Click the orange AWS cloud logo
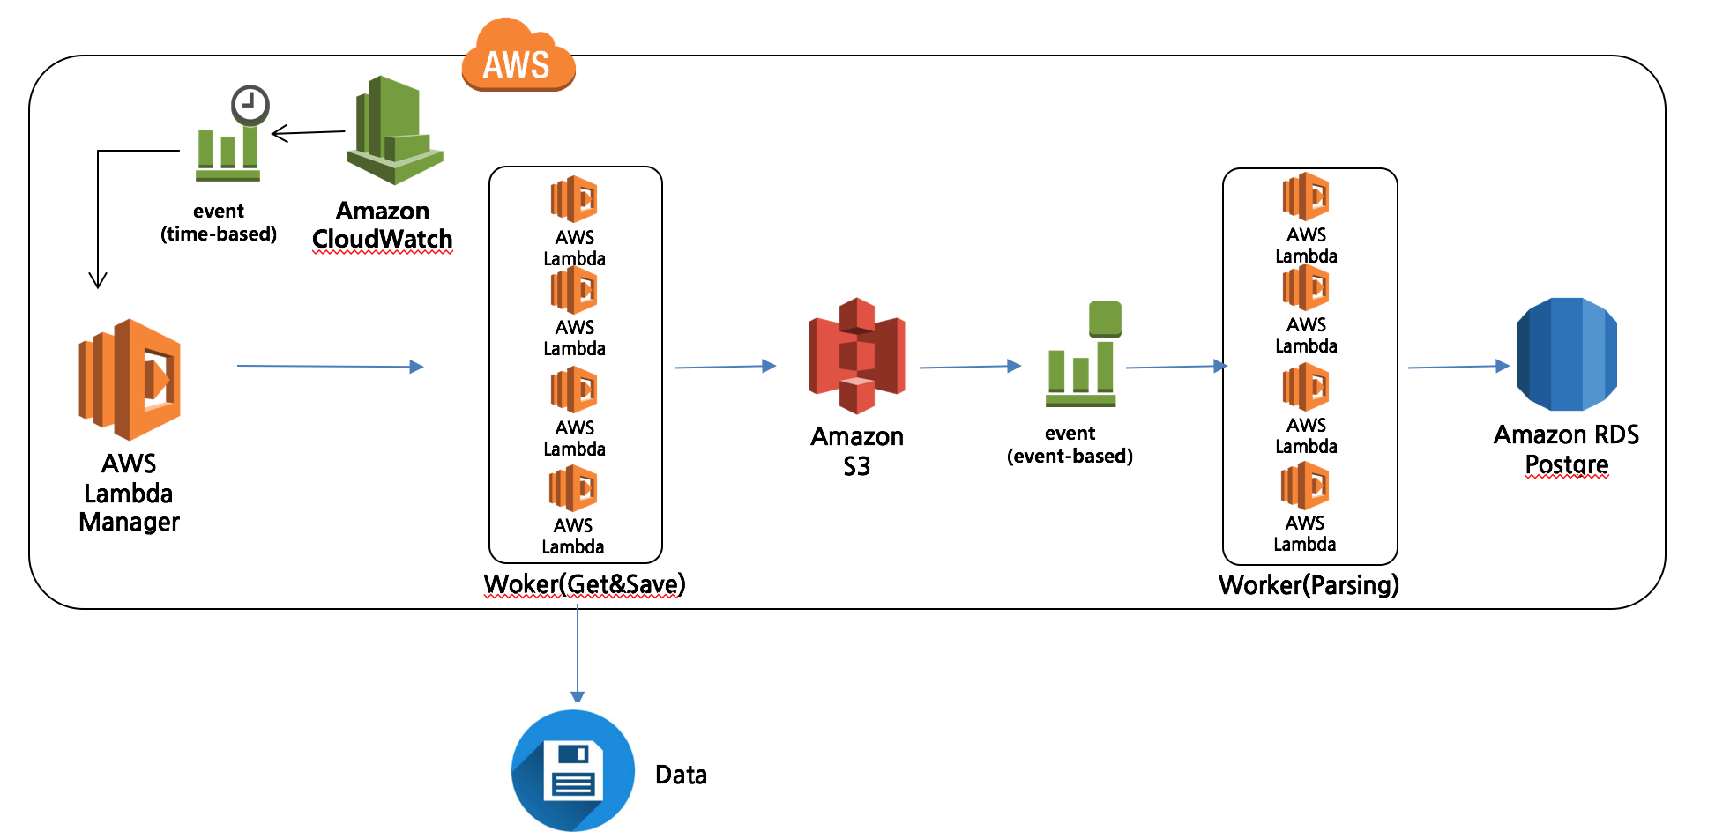click(x=518, y=58)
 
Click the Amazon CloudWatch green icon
click(x=394, y=131)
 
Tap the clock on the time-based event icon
click(x=250, y=105)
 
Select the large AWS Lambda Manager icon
click(x=130, y=380)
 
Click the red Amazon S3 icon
click(x=857, y=356)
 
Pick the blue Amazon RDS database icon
click(x=1566, y=354)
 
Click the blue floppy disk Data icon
click(x=573, y=770)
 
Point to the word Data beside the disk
click(x=681, y=775)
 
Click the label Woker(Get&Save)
click(x=585, y=584)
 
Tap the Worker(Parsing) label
click(x=1309, y=585)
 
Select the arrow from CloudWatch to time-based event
click(x=308, y=133)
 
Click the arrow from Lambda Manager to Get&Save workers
click(x=330, y=366)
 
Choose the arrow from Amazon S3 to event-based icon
click(x=969, y=367)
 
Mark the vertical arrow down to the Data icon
click(x=578, y=652)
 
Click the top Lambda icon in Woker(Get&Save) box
click(x=574, y=199)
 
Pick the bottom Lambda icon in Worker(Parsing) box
click(x=1305, y=486)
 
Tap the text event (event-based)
click(x=1070, y=444)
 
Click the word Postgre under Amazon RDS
click(x=1566, y=464)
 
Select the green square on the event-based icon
click(x=1105, y=318)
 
